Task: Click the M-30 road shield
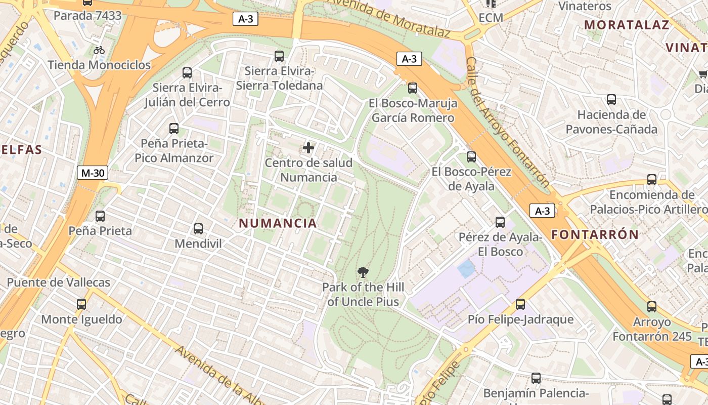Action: coord(93,173)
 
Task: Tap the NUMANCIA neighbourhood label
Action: coord(278,223)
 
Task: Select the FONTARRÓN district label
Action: coord(595,234)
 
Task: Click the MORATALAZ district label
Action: coord(627,24)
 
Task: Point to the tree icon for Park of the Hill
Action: coord(363,272)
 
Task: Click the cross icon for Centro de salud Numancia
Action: coord(308,148)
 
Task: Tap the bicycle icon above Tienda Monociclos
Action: coord(99,50)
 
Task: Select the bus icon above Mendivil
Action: coord(198,229)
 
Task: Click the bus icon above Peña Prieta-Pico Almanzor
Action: coord(174,129)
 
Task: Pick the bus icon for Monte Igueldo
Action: coord(81,304)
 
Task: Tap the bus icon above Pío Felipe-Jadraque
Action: coord(520,304)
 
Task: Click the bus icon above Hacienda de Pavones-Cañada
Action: coord(611,100)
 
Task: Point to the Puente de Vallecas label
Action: coord(59,282)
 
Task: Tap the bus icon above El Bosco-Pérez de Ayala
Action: coord(471,157)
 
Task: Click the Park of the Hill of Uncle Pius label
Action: coord(363,295)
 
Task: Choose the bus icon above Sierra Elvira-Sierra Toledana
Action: coord(279,56)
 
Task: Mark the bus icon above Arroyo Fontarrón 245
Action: coord(652,306)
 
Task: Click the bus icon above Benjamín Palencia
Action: coord(536,378)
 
